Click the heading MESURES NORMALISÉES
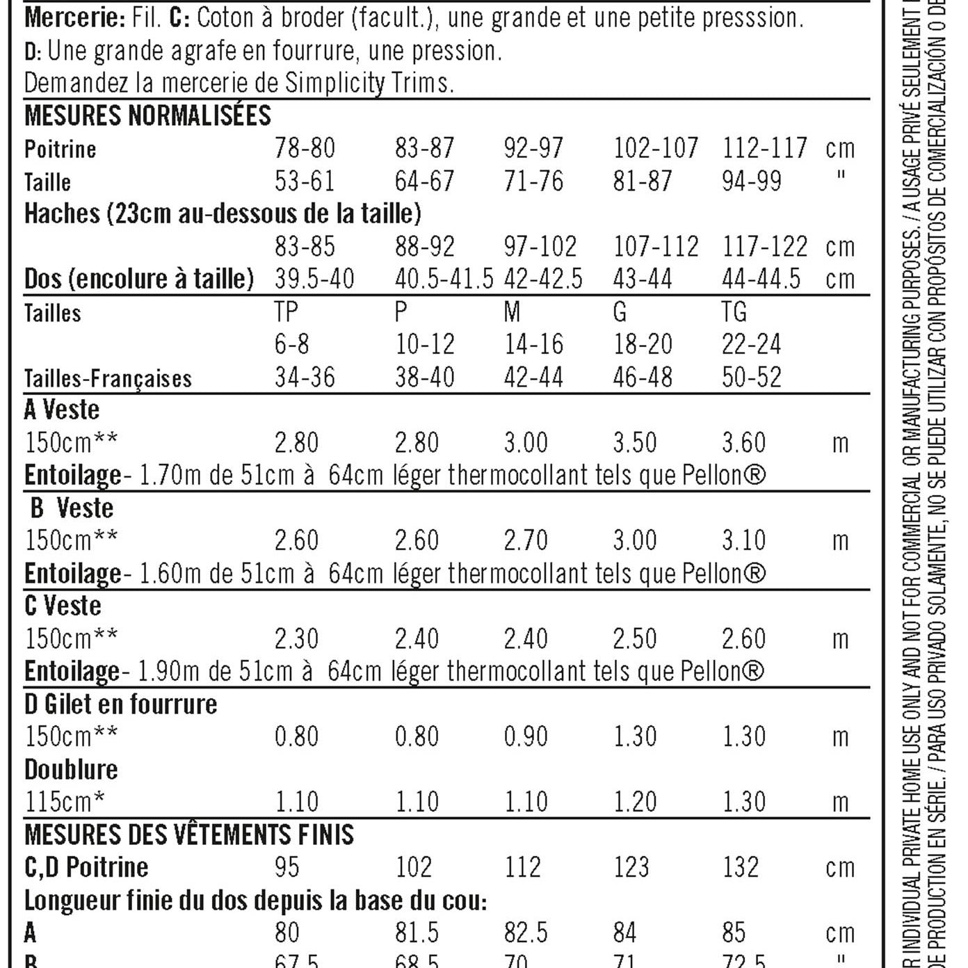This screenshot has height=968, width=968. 147,115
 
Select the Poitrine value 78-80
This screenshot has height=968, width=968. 305,148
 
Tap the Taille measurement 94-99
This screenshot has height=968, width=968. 752,181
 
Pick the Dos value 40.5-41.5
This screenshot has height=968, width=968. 444,279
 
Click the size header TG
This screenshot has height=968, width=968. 734,312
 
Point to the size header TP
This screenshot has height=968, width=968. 287,312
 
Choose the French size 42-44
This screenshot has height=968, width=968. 533,378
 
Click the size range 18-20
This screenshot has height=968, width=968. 643,344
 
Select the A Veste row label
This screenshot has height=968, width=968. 62,410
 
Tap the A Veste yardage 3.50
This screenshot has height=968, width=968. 635,443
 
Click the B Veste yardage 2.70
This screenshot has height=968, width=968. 526,540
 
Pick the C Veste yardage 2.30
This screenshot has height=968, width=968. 297,638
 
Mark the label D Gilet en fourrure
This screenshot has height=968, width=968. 121,704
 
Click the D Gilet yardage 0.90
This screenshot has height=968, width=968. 526,736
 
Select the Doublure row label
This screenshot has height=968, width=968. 71,770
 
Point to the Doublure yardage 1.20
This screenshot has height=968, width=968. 635,802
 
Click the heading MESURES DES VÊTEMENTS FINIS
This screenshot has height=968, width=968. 189,834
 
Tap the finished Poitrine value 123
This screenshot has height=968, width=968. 631,867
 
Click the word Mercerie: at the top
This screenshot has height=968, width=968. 74,17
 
